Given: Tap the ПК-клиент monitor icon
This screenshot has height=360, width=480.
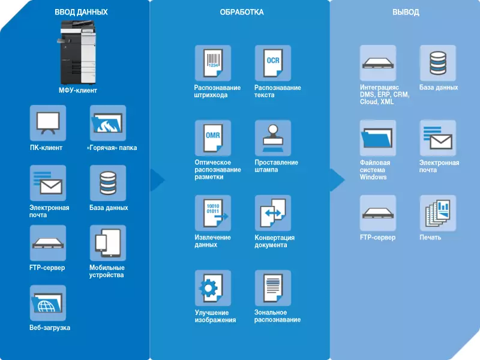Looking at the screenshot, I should coord(48,123).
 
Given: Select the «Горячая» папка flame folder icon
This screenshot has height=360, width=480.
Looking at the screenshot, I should coord(108,123).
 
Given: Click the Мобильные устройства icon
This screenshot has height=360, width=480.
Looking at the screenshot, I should coord(108,243).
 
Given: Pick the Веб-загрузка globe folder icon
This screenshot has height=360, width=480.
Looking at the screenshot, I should coord(48,303).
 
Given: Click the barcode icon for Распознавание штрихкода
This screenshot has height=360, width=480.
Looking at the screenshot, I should coord(213,63).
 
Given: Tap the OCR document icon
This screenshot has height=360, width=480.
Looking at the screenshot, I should coord(273,63).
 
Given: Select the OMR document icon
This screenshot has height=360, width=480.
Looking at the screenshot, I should coord(213,138).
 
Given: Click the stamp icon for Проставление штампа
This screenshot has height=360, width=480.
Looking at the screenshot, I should coord(273,138).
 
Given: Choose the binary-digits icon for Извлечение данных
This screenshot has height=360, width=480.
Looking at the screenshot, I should coord(213,213).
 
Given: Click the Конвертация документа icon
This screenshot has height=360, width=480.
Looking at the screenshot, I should coord(273,213).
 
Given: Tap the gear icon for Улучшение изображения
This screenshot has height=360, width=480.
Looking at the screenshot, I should coord(213,288).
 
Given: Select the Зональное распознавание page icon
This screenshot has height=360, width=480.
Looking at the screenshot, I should coord(273,288).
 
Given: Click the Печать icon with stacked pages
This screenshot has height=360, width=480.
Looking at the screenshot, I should coord(437,213).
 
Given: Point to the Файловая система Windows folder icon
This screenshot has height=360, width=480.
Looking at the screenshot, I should coord(378,138).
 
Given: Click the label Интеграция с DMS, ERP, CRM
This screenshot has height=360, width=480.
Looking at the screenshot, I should coord(385,95).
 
